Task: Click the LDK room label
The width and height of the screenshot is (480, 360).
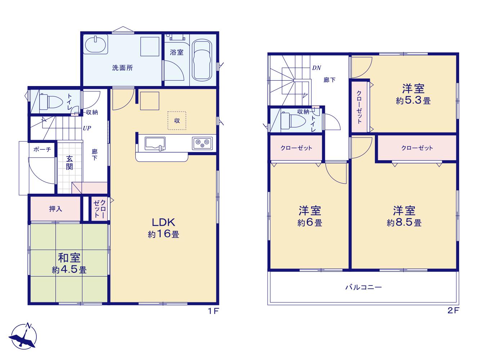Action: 163,222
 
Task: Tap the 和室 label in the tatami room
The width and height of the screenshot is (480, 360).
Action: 69,258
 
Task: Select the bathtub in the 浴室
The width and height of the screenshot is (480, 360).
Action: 202,60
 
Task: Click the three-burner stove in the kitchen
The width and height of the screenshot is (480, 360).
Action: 202,143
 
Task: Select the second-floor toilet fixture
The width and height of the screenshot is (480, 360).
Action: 293,121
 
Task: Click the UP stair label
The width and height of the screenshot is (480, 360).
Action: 87,128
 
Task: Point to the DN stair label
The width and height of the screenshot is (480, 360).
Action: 317,68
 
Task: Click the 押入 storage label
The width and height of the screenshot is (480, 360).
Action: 55,209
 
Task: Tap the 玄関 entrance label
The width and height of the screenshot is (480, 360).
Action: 69,163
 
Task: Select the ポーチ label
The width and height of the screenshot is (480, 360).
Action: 42,149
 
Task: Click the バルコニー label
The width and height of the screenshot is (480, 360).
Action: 363,287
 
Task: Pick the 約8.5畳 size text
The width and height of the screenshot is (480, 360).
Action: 404,223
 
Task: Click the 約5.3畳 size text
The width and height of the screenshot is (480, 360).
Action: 413,100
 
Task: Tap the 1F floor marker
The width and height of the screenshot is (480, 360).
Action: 213,311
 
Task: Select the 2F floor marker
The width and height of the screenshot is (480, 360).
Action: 454,310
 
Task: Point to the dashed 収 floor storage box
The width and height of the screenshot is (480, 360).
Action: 177,121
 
